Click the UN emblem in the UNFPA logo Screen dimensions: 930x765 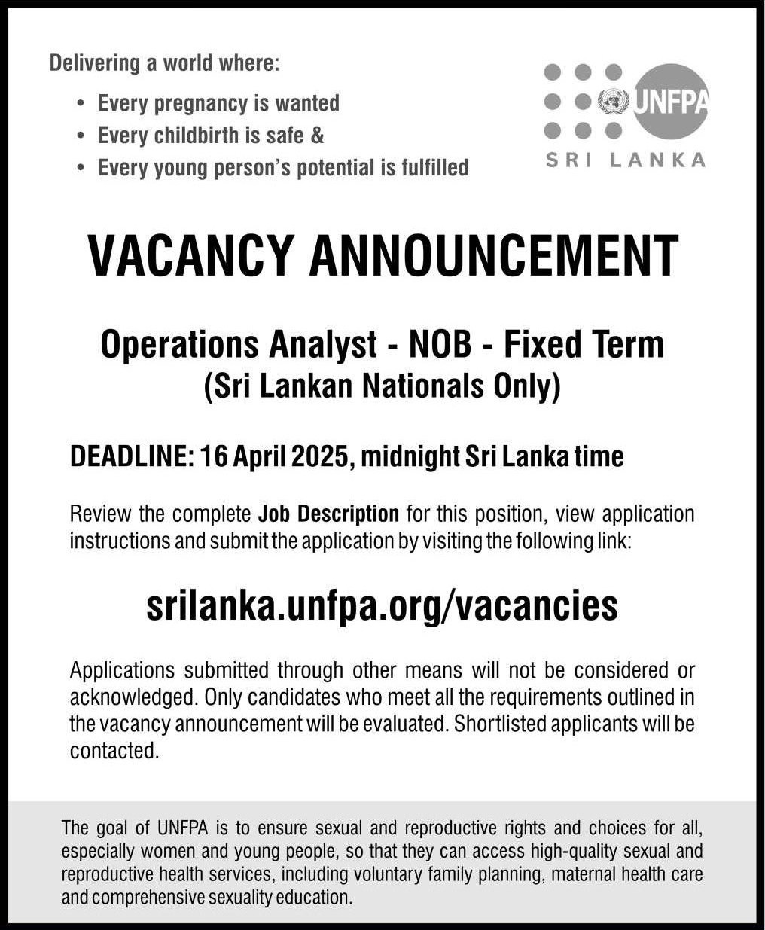(612, 101)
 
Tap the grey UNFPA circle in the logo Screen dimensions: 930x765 (670, 101)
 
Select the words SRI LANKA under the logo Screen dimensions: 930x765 (625, 160)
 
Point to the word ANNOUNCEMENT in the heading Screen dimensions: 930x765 (494, 257)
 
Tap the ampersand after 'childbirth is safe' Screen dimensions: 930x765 (317, 136)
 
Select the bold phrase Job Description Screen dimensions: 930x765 (328, 514)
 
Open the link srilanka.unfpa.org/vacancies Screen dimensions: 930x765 (382, 605)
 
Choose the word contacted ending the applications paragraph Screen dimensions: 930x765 (114, 751)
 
